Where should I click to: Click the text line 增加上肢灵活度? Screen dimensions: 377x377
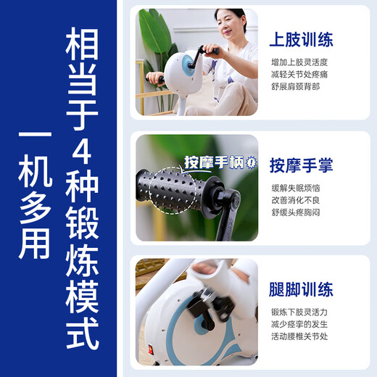pos(299,63)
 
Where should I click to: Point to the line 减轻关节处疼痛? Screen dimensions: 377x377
pos(299,75)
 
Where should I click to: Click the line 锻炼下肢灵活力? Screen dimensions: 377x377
pos(299,313)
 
